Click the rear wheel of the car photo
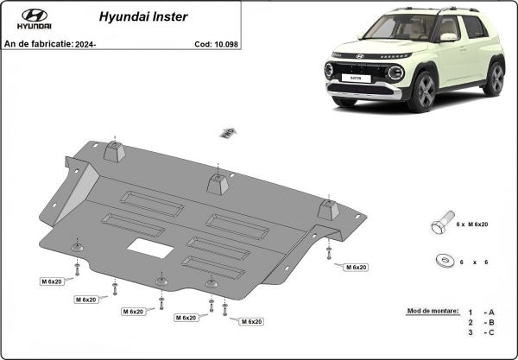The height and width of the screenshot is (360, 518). coord(494,78)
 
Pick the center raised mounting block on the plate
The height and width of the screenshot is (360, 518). coord(218,184)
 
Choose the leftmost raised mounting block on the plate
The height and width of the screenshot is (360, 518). coord(116,153)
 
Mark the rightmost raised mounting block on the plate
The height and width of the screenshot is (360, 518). coord(327,210)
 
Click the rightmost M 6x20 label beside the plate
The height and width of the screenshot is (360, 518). coord(355,268)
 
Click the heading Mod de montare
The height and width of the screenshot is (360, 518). coord(430,310)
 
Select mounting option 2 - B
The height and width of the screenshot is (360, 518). coord(481,321)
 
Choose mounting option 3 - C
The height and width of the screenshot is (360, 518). coord(481,332)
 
